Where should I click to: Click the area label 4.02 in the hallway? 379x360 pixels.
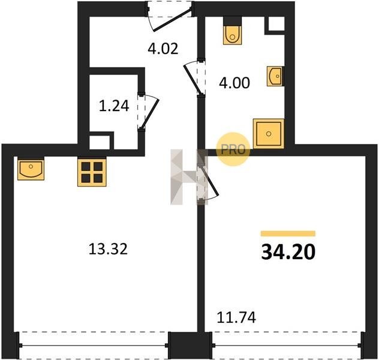tap(163, 49)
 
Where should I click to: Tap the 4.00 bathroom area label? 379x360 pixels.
tap(234, 83)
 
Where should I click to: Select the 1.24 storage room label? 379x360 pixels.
tap(114, 106)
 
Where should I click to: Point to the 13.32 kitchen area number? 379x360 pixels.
tap(108, 249)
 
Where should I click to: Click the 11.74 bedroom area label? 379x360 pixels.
tap(236, 317)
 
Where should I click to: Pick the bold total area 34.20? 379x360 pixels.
tap(288, 252)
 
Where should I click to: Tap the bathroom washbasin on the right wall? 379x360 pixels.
tap(275, 76)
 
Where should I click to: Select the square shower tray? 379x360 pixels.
tap(268, 133)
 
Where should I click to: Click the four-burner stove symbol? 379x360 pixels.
tap(92, 172)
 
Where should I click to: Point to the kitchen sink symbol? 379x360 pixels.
tap(31, 169)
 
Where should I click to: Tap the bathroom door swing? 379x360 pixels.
tap(193, 79)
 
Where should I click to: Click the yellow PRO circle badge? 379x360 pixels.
tap(233, 149)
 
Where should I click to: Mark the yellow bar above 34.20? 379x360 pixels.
tap(288, 233)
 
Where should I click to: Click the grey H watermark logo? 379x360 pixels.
tap(189, 177)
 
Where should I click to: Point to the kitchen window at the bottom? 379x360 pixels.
tap(94, 345)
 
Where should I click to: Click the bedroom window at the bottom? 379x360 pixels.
tap(287, 345)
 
